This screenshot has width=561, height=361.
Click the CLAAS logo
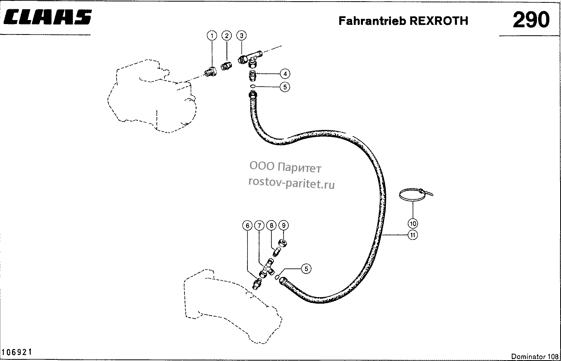tap(48, 17)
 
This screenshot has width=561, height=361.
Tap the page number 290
tap(531, 20)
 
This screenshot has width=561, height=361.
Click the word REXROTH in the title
tap(439, 21)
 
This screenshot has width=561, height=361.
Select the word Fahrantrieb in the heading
tap(372, 21)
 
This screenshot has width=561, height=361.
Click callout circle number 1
tap(212, 36)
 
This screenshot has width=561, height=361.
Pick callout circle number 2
tap(227, 36)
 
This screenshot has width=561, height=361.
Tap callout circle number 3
tap(241, 36)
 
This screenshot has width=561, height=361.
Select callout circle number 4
tap(285, 74)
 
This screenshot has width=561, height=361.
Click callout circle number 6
tap(247, 225)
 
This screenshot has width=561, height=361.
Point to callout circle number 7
tap(259, 225)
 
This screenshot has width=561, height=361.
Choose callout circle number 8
tap(271, 225)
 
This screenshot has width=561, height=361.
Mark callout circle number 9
tap(284, 225)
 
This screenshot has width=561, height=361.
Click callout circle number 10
tap(413, 223)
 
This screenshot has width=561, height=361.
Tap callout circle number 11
tap(413, 235)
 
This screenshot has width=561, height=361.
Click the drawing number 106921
tap(17, 352)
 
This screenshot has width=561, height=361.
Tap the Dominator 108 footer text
tap(535, 356)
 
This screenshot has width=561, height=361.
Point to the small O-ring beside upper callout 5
tap(253, 86)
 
